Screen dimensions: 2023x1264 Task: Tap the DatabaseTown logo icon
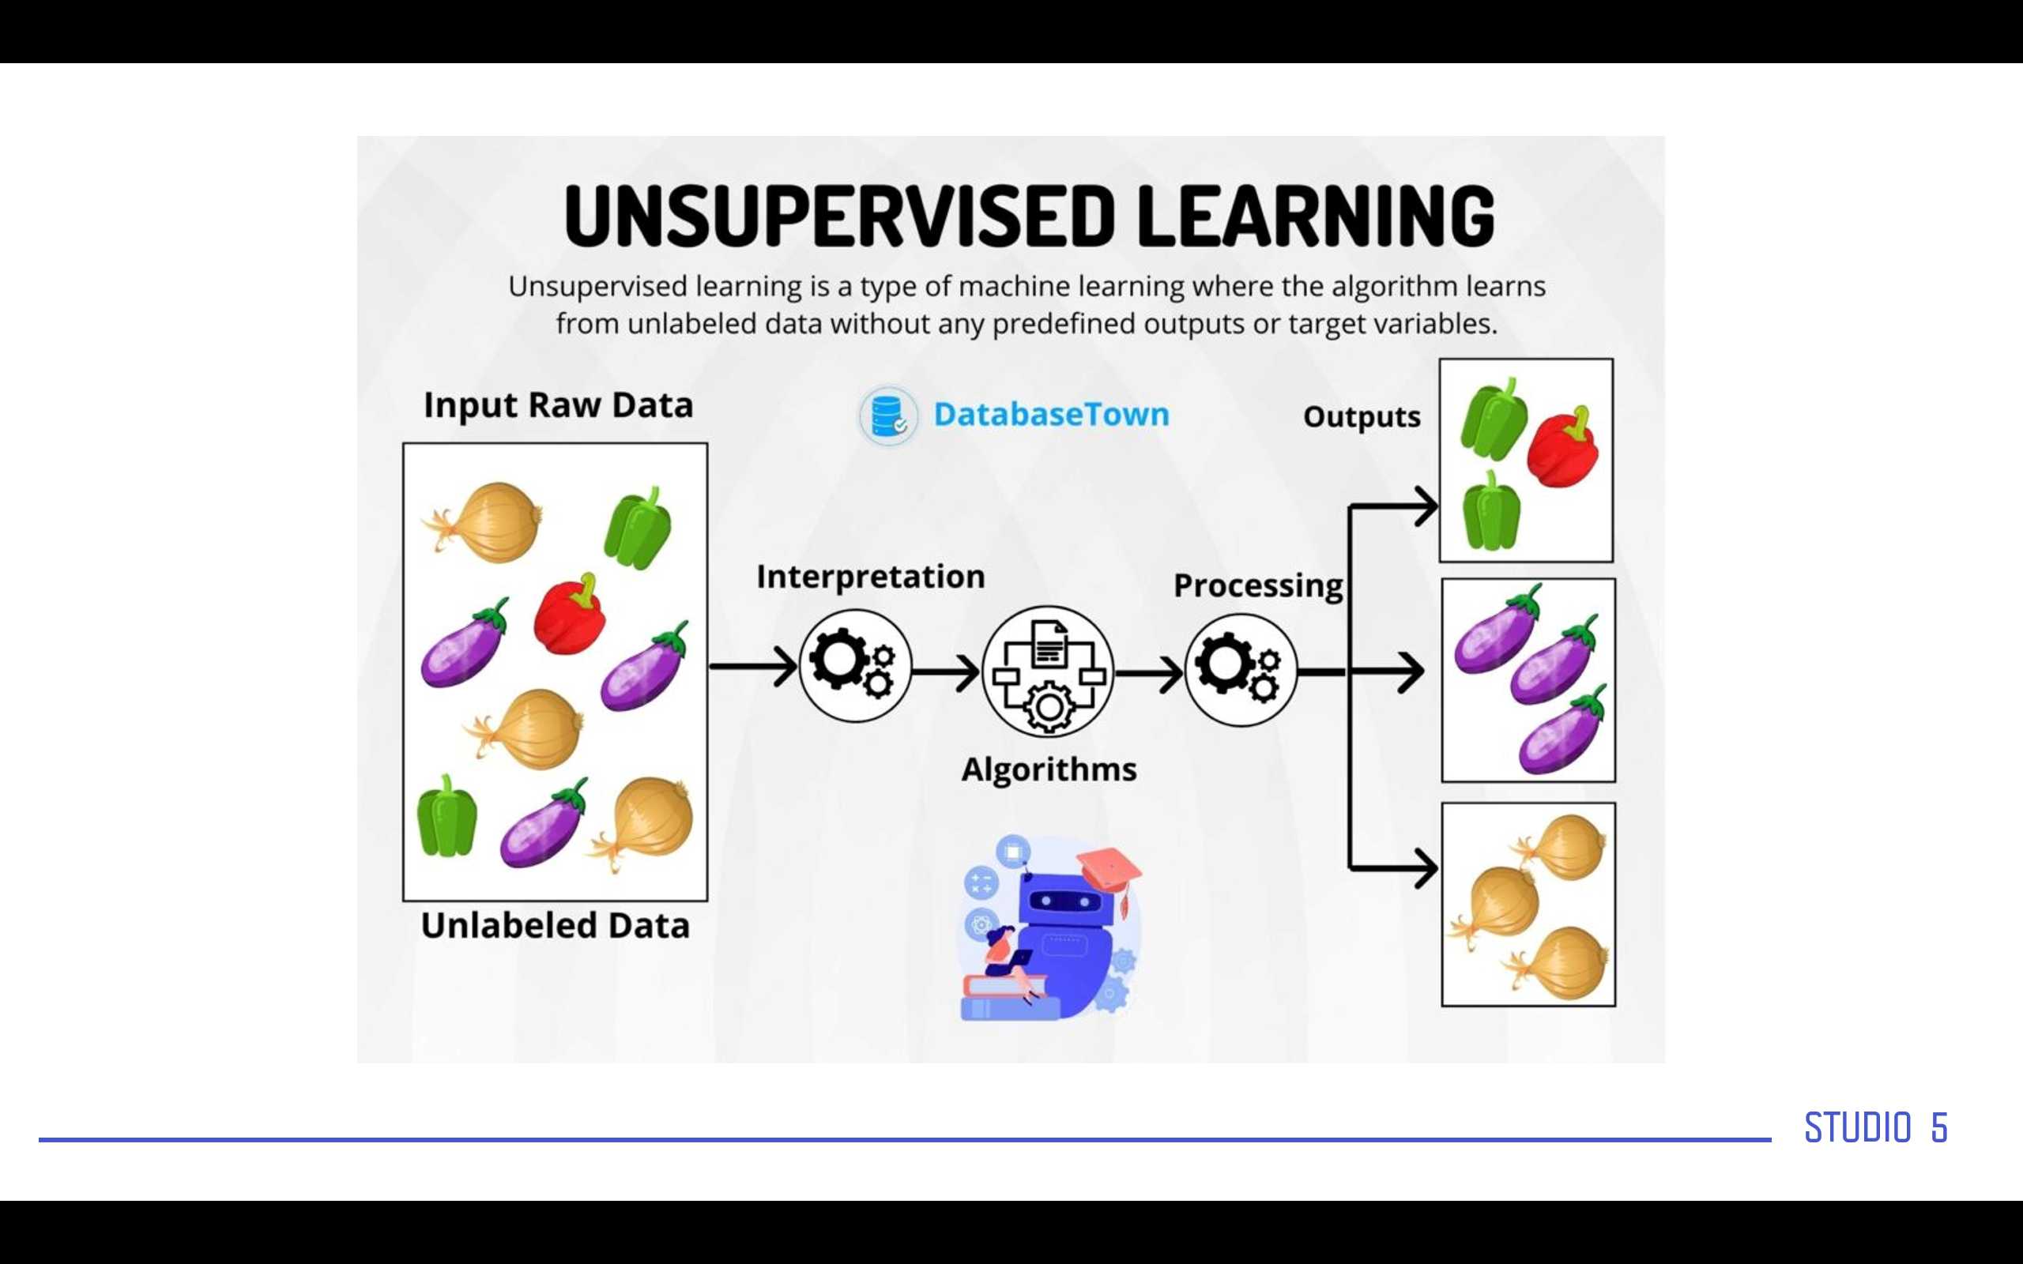click(888, 416)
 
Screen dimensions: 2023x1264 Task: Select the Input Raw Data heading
click(559, 405)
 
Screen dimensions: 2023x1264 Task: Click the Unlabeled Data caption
click(555, 925)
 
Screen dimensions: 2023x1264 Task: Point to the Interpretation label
click(871, 577)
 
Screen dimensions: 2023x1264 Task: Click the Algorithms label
click(1049, 770)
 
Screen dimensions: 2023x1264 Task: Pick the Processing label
click(1258, 586)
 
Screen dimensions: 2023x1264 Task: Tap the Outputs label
click(1362, 416)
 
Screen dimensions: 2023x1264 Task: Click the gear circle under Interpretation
click(854, 665)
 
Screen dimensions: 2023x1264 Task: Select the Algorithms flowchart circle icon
click(1047, 671)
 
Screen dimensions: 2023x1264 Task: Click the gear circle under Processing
click(1241, 670)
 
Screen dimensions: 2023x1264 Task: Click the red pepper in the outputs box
click(1562, 447)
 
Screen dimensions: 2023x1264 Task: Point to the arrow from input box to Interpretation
click(753, 666)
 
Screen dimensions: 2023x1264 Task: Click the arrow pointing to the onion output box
click(1393, 868)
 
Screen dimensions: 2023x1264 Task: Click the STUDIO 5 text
click(1876, 1128)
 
